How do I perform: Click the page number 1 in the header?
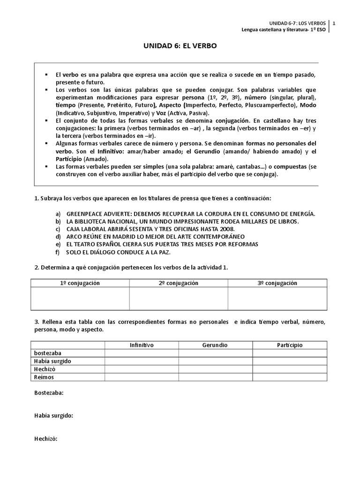(x=334, y=23)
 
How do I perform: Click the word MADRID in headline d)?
(x=135, y=237)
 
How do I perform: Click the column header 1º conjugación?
(x=80, y=283)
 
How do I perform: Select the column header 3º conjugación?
(x=277, y=283)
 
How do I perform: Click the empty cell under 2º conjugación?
(x=179, y=299)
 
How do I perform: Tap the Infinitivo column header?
(x=142, y=345)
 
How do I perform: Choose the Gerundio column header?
(x=215, y=345)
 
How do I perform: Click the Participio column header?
(x=290, y=345)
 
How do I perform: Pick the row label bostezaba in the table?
(x=48, y=353)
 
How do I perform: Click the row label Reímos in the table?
(x=44, y=377)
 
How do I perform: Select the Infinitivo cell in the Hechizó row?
(x=142, y=369)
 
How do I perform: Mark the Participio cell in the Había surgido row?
(x=290, y=361)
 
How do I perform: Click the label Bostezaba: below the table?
(x=49, y=393)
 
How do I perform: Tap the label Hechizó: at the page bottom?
(x=45, y=439)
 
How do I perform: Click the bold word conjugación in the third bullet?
(x=226, y=120)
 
